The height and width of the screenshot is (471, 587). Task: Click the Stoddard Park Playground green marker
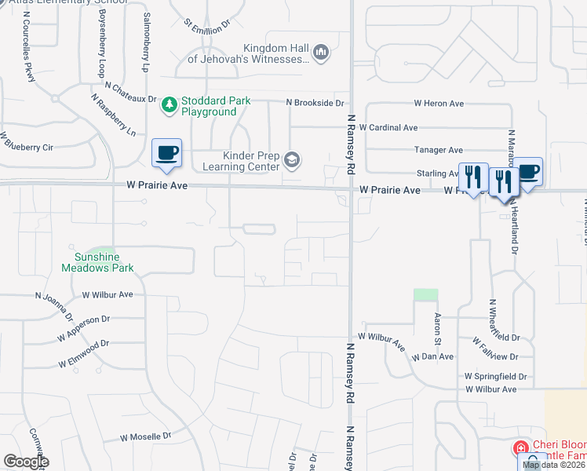click(x=169, y=104)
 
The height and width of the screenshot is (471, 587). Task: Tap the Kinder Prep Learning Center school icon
click(x=292, y=161)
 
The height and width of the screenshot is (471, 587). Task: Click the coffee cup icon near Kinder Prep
click(x=166, y=152)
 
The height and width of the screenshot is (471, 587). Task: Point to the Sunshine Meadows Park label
click(x=98, y=262)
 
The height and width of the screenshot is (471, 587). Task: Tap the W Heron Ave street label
click(x=439, y=104)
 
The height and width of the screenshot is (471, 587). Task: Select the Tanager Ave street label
click(x=439, y=150)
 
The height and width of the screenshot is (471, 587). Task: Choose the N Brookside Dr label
click(x=315, y=103)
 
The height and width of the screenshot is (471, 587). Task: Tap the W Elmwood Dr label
click(x=83, y=354)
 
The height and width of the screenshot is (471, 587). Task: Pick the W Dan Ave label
click(x=432, y=356)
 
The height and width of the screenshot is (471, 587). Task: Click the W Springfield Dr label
click(x=495, y=377)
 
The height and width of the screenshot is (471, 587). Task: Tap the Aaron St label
click(x=439, y=329)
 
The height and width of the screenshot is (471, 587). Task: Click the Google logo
click(x=26, y=462)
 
